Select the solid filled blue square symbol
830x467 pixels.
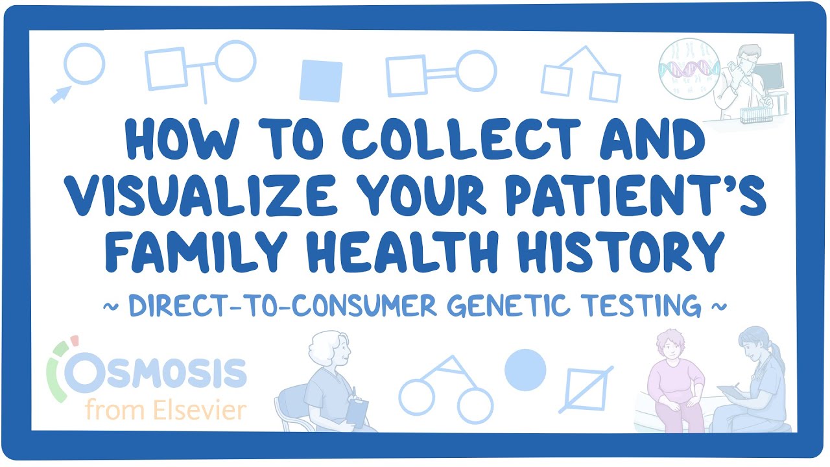click(x=320, y=80)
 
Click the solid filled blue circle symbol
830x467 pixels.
click(x=525, y=370)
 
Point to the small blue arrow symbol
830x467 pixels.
click(x=60, y=95)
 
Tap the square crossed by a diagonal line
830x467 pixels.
click(x=586, y=389)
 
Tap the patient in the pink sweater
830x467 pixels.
click(x=678, y=383)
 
